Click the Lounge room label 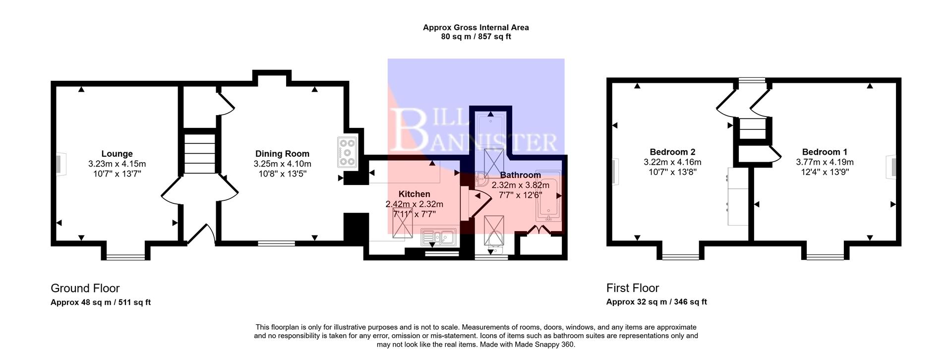(117, 154)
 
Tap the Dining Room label (282, 154)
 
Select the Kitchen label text (414, 194)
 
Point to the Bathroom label (520, 175)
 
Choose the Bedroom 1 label (825, 152)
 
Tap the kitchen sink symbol (438, 238)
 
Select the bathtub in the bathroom (548, 196)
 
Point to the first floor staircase (752, 129)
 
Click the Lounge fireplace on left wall (59, 165)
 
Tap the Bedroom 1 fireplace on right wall (892, 167)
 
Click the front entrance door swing (202, 235)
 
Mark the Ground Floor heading (85, 288)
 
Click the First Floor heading (632, 288)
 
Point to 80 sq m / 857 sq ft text (476, 37)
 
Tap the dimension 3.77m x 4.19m (825, 162)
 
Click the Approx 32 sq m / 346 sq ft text (656, 302)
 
